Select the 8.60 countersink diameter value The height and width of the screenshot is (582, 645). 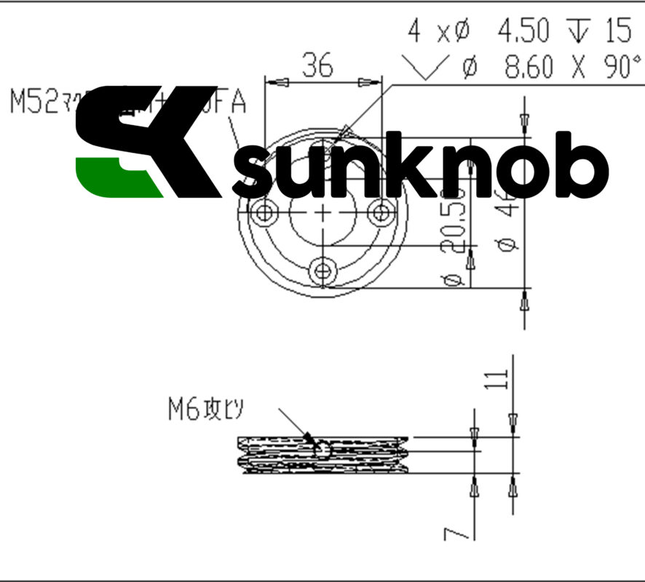tap(529, 68)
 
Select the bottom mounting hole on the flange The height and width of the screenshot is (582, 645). tap(322, 271)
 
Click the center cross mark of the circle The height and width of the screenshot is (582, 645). tap(323, 212)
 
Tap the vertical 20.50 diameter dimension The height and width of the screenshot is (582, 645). tap(454, 233)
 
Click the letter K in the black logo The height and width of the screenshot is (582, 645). tap(182, 142)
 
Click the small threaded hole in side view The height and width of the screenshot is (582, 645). tap(320, 450)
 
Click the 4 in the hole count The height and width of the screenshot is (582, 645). tap(414, 31)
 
